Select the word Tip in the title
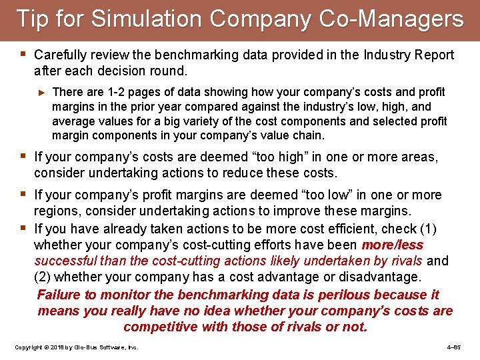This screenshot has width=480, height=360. click(x=31, y=19)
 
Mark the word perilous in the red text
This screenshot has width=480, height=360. click(x=343, y=295)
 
